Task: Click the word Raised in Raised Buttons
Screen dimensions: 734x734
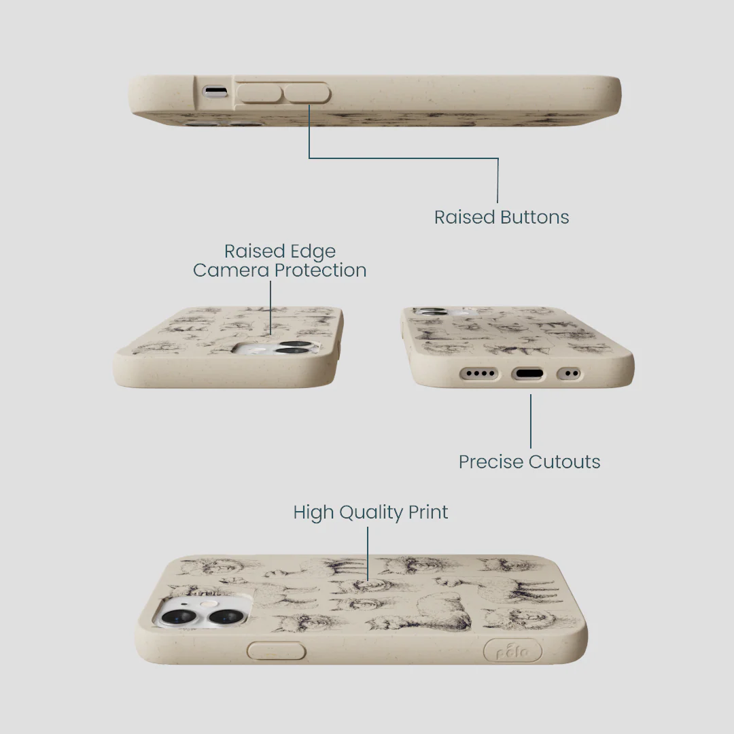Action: pos(464,217)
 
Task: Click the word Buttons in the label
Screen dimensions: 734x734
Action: pos(535,217)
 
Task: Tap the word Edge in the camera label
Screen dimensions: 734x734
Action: pos(312,252)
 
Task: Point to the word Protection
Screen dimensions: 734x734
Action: pos(320,270)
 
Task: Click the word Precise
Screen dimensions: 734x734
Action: pos(491,462)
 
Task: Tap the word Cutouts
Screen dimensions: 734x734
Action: pos(565,462)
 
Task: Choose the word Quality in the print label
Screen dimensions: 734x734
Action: pos(371,513)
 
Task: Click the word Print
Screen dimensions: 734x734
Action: pos(428,512)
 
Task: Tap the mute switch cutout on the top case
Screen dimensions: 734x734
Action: pos(215,91)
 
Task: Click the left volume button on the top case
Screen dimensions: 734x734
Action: pos(260,92)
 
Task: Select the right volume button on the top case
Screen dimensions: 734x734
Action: pos(307,92)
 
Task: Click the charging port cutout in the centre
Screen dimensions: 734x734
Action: pos(527,374)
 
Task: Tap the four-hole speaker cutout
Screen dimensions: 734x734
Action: pos(480,374)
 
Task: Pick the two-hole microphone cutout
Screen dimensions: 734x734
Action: pos(570,374)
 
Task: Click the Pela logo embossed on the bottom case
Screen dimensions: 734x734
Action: pos(512,650)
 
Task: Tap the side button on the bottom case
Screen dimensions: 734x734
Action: pos(276,650)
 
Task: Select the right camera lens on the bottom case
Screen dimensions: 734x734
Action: pos(225,617)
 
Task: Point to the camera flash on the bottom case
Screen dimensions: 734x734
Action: pos(205,604)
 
